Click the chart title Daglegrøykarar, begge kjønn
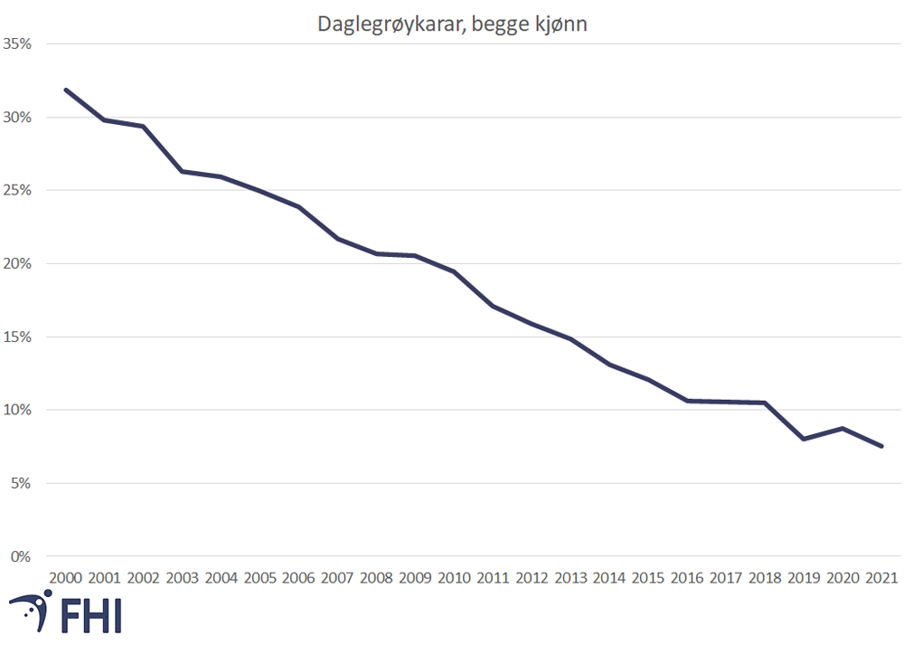[452, 24]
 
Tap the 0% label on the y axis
[22, 556]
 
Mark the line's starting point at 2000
[66, 90]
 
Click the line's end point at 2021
[881, 446]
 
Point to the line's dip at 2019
[804, 439]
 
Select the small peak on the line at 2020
[843, 428]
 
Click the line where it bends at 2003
[183, 171]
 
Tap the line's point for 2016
[688, 401]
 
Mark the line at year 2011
[494, 306]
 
